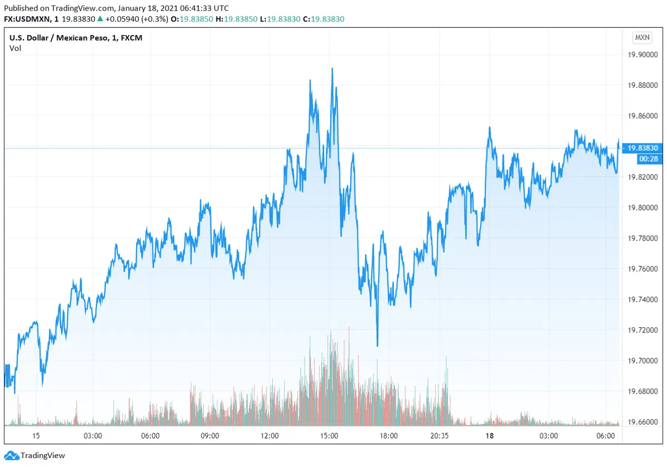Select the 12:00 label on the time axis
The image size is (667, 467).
point(270,436)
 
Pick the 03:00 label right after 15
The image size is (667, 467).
point(92,436)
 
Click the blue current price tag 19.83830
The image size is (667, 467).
point(643,148)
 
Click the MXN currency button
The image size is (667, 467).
point(642,38)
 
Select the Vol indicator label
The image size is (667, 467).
point(15,48)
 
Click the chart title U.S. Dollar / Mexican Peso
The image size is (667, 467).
point(64,38)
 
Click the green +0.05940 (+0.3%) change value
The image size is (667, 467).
point(132,19)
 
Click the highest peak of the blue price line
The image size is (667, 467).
point(332,68)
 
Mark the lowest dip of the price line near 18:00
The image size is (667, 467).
point(377,346)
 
